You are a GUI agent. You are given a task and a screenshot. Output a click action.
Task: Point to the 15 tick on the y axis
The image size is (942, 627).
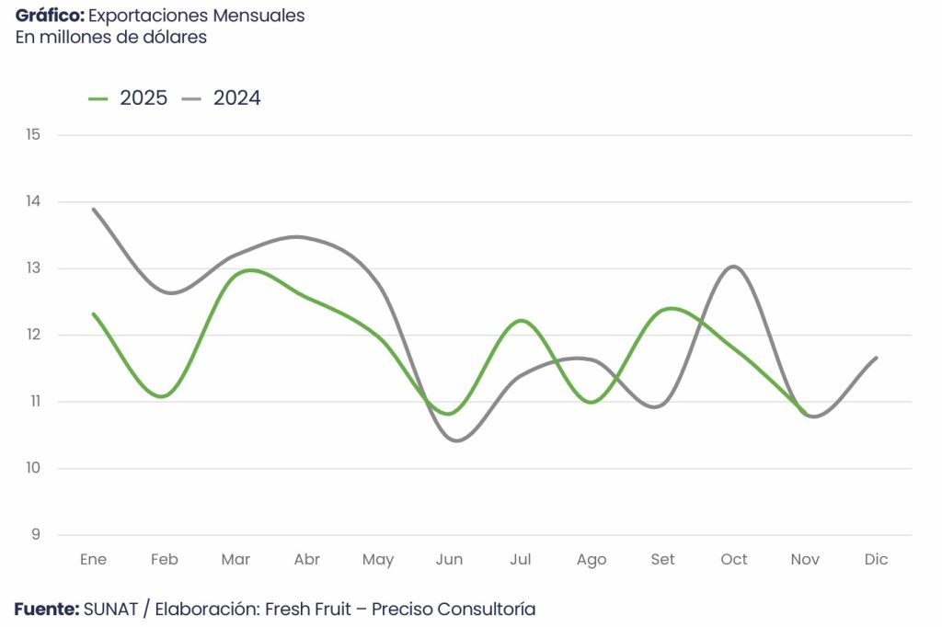34,135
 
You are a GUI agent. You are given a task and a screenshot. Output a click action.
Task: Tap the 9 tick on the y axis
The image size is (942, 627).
35,535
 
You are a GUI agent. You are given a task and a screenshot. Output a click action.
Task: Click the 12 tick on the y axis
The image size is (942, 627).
34,335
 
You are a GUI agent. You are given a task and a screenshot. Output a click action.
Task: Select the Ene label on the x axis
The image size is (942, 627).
93,559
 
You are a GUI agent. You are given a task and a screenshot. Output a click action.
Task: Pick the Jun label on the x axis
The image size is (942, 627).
449,559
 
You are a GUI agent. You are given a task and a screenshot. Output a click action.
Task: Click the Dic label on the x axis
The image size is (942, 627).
876,559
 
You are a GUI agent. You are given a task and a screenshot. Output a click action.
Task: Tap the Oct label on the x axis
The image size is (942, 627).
734,559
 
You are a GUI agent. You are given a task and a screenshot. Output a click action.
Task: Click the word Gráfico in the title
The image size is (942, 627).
50,17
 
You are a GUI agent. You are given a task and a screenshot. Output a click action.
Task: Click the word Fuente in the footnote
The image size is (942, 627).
46,609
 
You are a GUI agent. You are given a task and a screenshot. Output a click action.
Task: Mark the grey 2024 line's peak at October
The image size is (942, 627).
733,267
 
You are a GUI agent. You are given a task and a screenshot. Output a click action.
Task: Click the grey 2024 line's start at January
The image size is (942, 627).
94,210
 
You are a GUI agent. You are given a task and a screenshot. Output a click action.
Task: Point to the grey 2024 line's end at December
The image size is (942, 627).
876,358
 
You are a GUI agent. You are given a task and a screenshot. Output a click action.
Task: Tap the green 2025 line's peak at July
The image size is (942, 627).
521,321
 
